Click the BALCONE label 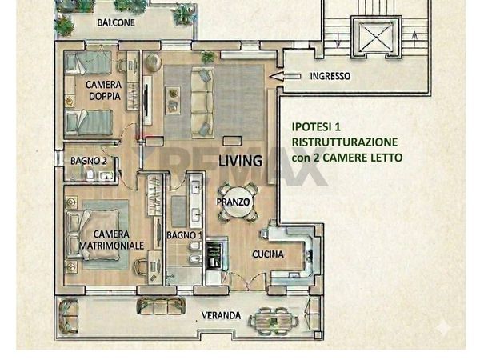point(116,23)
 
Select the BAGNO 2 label point(88,161)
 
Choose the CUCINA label point(246,253)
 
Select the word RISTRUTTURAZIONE point(345,142)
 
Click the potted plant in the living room point(208,57)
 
